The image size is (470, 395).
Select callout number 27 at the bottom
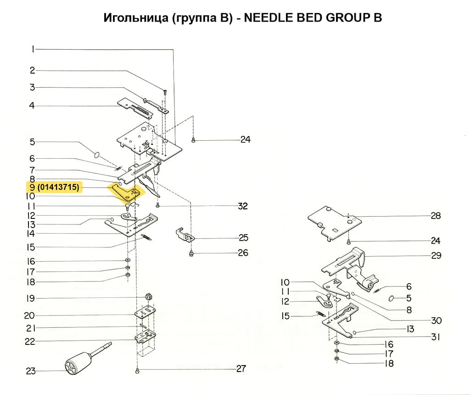coord(241,368)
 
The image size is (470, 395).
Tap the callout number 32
coord(242,206)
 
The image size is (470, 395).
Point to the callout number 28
coord(436,216)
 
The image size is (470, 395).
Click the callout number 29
coord(436,255)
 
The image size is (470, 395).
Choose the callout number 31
coord(436,337)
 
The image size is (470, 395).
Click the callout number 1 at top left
coord(33,49)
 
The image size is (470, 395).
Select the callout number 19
coord(30,298)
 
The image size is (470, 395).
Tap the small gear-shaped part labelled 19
coord(148,296)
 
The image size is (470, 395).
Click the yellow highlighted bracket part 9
coord(126,192)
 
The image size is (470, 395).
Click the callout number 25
coord(243,238)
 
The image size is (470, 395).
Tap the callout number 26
coord(243,252)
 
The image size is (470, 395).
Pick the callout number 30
coord(436,321)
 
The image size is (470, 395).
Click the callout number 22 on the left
coord(30,342)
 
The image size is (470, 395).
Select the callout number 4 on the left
coord(32,106)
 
